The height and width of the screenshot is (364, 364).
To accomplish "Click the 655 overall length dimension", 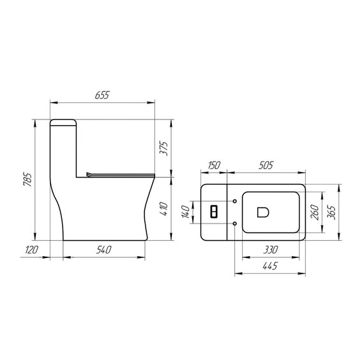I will (103, 95).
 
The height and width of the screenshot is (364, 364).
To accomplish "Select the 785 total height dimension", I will (27, 181).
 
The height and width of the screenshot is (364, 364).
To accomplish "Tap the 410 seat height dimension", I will (163, 208).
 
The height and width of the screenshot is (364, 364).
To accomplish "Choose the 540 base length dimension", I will (105, 250).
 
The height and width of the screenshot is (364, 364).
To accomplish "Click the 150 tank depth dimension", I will (214, 165).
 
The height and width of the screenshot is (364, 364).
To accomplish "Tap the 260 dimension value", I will (314, 211).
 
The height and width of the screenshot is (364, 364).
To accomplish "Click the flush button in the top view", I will (215, 211).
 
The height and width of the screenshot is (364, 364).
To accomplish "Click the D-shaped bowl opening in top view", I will (262, 212).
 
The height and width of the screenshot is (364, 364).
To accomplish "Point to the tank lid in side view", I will (64, 121).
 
